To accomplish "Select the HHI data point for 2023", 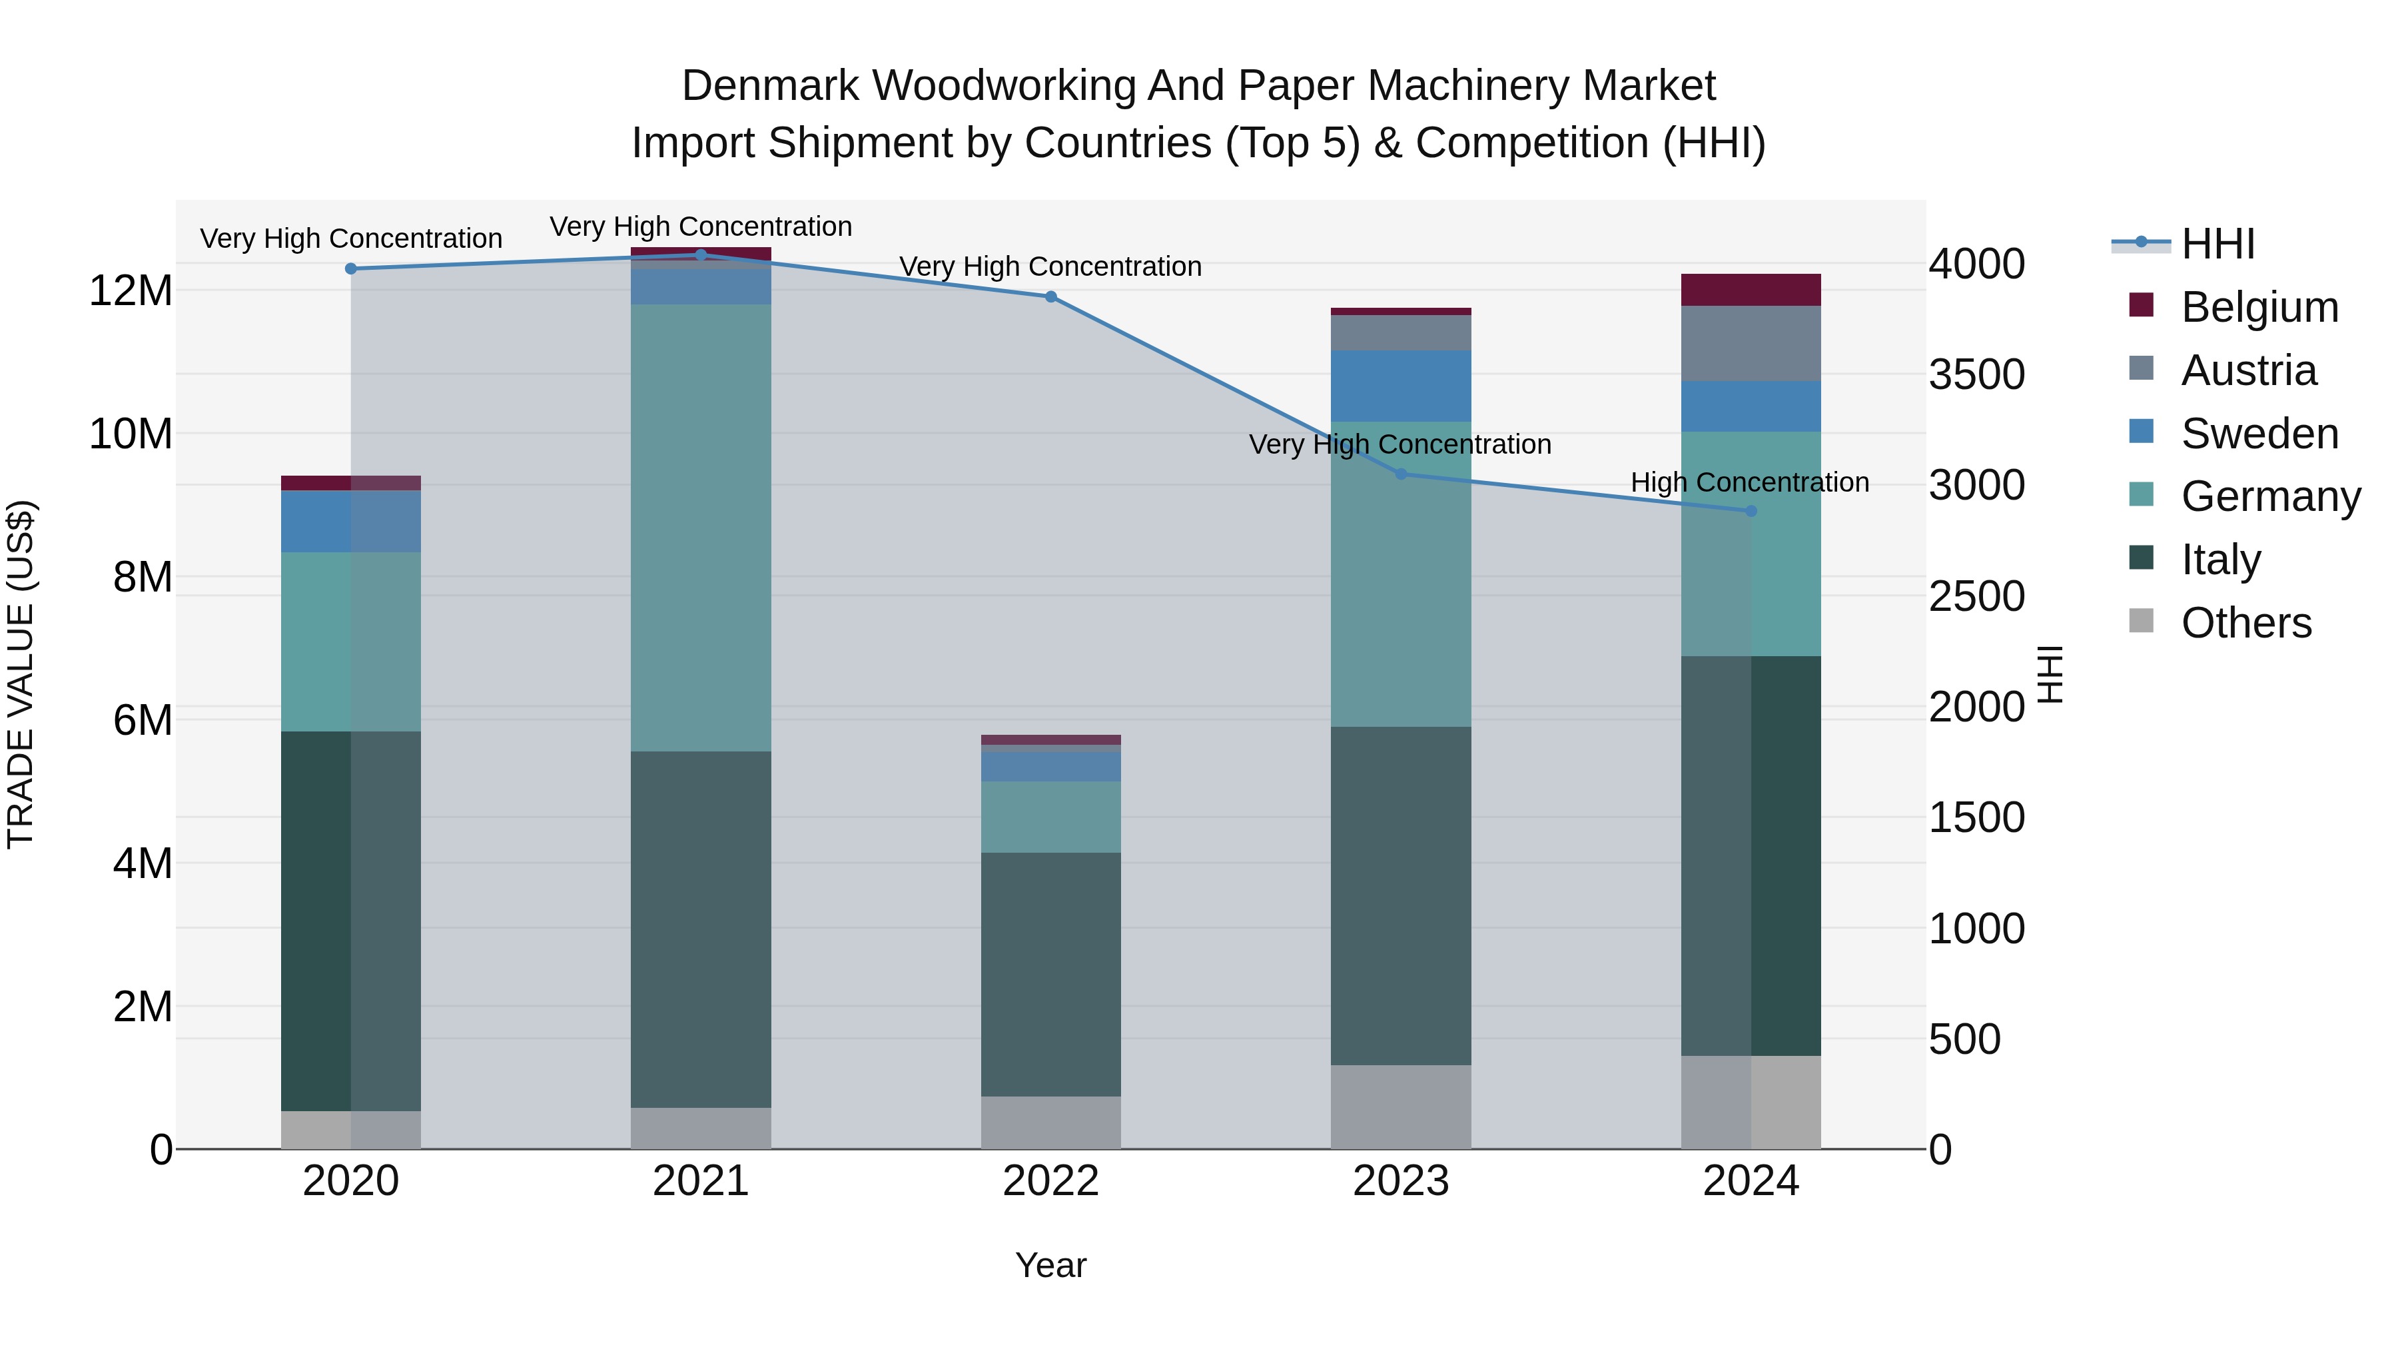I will [x=1401, y=474].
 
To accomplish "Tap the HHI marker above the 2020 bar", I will [x=351, y=269].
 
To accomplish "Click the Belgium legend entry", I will [x=2259, y=307].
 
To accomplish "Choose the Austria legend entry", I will [x=2248, y=370].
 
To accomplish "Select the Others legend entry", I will [x=2245, y=623].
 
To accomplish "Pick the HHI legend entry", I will [x=2217, y=244].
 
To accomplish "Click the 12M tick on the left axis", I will [x=131, y=290].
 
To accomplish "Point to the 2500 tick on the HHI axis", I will [x=1976, y=596].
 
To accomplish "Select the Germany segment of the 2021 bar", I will [x=701, y=527].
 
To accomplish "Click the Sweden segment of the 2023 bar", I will [x=1401, y=386].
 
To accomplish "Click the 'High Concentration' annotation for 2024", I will [x=1749, y=482].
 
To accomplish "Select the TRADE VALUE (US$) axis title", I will [x=21, y=674].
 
